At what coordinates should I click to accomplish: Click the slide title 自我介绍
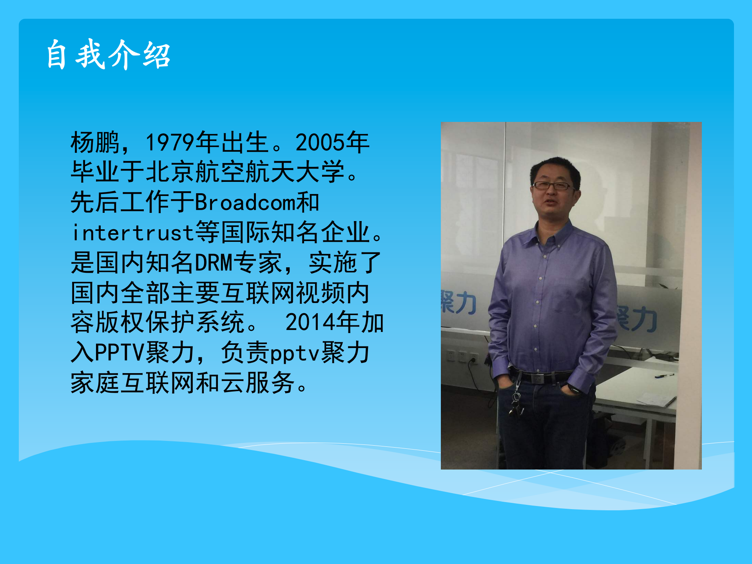pyautogui.click(x=108, y=55)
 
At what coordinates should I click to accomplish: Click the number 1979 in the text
pyautogui.click(x=170, y=142)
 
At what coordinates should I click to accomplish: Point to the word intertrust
pyautogui.click(x=132, y=233)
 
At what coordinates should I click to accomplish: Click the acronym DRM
pyautogui.click(x=214, y=263)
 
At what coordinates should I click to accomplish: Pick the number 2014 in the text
pyautogui.click(x=310, y=323)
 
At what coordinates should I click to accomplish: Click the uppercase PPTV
pyautogui.click(x=120, y=353)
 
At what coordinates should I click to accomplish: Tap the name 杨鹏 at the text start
pyautogui.click(x=94, y=142)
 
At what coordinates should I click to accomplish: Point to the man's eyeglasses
pyautogui.click(x=552, y=186)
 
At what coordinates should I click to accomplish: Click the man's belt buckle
pyautogui.click(x=538, y=378)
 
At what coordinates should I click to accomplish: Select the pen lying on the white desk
pyautogui.click(x=664, y=376)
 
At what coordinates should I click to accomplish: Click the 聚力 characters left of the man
pyautogui.click(x=458, y=303)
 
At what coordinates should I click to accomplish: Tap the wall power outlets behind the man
pyautogui.click(x=462, y=356)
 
